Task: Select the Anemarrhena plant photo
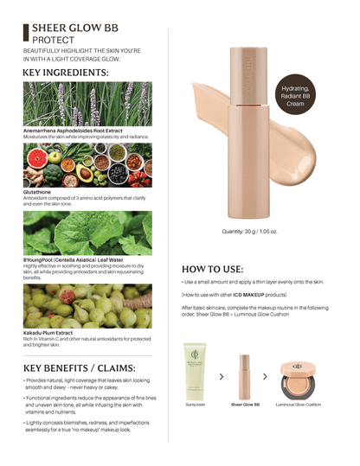point(87,104)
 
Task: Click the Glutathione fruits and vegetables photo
point(87,164)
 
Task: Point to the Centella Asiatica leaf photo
point(87,233)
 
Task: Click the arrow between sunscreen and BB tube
point(222,376)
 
